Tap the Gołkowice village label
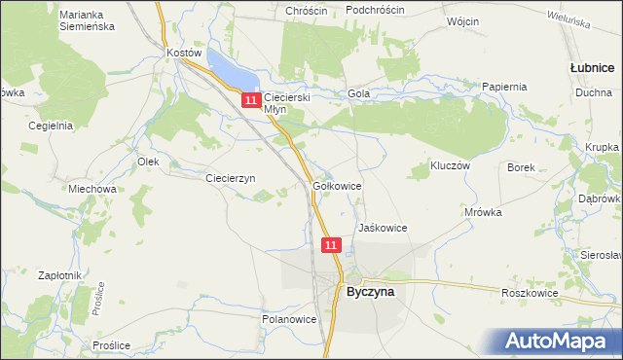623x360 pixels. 338,184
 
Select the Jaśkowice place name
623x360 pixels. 383,228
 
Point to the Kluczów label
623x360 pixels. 451,166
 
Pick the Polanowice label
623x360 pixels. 290,318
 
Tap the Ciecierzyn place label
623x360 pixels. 230,178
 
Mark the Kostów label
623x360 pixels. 184,53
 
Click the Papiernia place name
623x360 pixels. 504,87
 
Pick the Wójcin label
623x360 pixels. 464,20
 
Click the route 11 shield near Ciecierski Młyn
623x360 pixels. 251,100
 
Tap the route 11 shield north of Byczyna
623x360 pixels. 332,245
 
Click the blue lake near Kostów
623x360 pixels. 232,71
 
